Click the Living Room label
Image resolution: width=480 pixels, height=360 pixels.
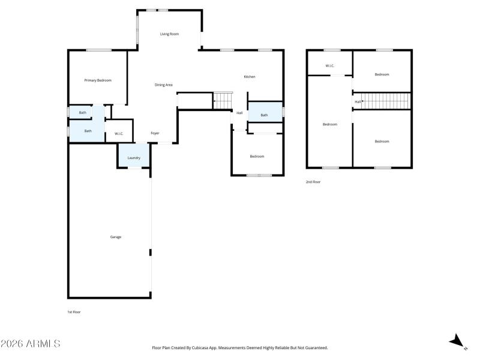point(169,34)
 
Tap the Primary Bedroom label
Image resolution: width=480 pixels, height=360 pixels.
point(98,80)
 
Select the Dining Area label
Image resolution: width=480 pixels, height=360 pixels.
point(164,85)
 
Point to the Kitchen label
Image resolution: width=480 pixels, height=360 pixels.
point(250,77)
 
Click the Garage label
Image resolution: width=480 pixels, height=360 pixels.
point(116,237)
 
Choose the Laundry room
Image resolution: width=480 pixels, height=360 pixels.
point(134,157)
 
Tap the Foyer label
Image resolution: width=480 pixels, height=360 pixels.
point(155,133)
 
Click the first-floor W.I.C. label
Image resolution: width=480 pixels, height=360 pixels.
point(119,134)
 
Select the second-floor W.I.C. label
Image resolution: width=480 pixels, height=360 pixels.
point(329,65)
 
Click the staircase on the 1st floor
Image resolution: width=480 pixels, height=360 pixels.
point(223,100)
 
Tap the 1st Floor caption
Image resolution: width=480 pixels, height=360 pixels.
point(74,312)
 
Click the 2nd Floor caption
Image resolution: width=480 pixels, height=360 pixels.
point(313,182)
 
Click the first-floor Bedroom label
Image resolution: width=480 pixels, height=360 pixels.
point(257,157)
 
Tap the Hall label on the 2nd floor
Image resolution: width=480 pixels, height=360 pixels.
point(358,102)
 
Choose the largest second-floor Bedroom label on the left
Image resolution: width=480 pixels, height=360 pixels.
point(330,125)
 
